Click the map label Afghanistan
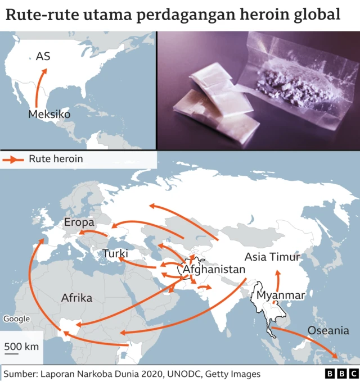(x=214, y=269)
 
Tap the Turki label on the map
(x=115, y=254)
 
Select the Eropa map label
(x=79, y=222)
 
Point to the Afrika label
(x=76, y=298)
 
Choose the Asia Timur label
(x=273, y=257)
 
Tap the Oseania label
(x=328, y=330)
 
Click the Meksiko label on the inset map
(x=49, y=114)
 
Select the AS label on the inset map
(x=43, y=56)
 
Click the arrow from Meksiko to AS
(x=38, y=87)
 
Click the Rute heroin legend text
(x=56, y=159)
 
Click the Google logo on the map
(x=16, y=319)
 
